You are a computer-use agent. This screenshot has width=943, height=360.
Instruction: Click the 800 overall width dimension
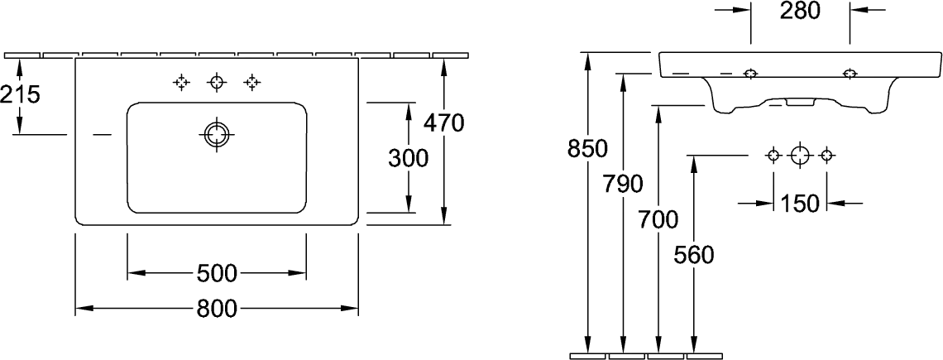(x=217, y=310)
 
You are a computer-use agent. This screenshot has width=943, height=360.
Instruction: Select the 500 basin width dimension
(x=217, y=274)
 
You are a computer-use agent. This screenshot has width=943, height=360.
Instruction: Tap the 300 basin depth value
(x=409, y=158)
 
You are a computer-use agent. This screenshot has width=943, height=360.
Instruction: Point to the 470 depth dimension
(x=444, y=123)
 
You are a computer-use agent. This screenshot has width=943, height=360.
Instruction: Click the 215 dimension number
(x=21, y=94)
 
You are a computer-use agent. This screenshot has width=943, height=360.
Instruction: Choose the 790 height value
(x=623, y=185)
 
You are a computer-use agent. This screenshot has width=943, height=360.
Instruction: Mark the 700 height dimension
(x=658, y=220)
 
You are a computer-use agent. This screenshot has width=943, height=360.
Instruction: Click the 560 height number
(x=694, y=256)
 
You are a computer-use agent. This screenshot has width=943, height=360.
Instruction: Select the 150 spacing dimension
(x=800, y=204)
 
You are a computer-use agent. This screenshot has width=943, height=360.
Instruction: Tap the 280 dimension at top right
(x=801, y=10)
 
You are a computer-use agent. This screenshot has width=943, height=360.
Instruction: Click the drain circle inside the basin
(x=217, y=134)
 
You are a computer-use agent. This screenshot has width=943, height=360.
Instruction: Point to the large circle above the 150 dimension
(x=800, y=156)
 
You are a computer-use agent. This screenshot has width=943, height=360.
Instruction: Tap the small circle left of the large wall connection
(x=773, y=156)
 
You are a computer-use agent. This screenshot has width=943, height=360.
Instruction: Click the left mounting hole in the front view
(x=750, y=74)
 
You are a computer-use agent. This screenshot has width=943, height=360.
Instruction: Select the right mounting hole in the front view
(x=850, y=74)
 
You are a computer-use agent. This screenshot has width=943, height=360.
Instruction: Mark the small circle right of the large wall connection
(x=826, y=156)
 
